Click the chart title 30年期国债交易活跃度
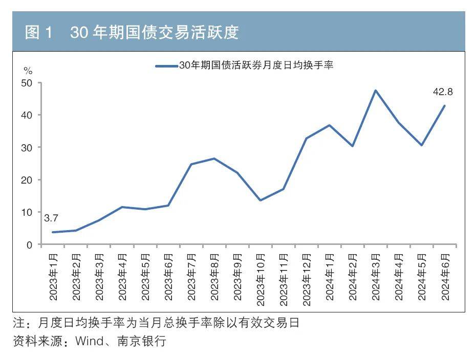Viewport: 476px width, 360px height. click(x=154, y=33)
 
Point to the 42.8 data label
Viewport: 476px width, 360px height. click(x=442, y=92)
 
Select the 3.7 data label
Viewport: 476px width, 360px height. click(x=51, y=218)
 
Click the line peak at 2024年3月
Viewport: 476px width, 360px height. click(x=375, y=91)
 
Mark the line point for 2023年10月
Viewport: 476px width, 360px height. click(x=260, y=200)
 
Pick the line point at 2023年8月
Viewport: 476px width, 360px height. click(x=214, y=159)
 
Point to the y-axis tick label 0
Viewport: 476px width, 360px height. click(x=30, y=245)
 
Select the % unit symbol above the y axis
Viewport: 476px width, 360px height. click(x=28, y=71)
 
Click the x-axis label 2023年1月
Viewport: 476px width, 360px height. click(x=53, y=277)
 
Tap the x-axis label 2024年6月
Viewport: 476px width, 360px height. click(x=445, y=277)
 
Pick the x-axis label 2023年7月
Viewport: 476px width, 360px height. click(x=191, y=277)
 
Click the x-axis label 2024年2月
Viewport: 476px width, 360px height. click(x=353, y=277)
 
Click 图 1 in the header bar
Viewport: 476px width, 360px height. click(x=39, y=33)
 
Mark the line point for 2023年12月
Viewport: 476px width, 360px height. click(x=306, y=138)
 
